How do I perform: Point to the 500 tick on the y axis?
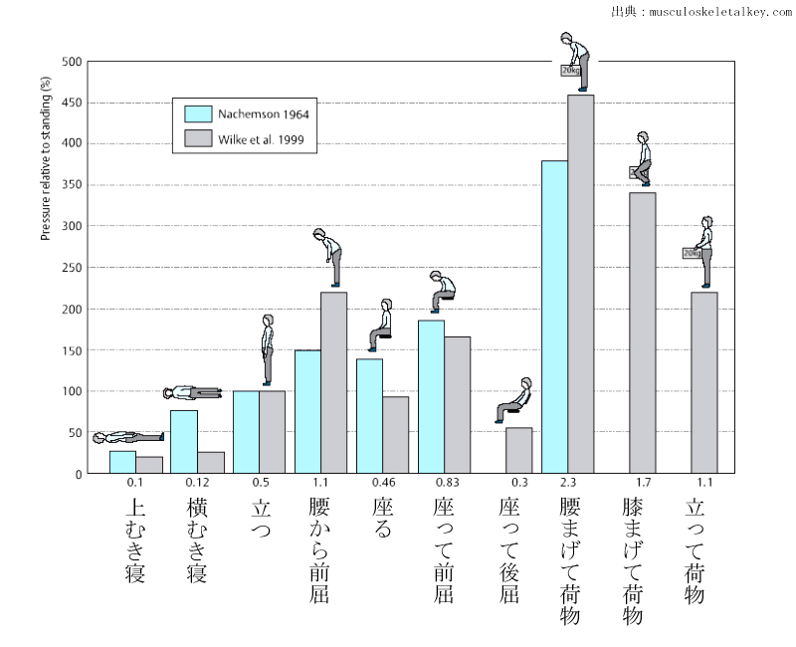point(72,62)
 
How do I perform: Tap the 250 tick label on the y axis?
point(72,268)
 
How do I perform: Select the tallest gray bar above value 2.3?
point(580,284)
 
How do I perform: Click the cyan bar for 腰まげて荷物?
point(554,317)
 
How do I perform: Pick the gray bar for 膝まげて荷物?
point(642,332)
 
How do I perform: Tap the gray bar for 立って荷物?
point(703,382)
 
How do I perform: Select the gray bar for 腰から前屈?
point(333,382)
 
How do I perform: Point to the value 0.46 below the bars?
point(383,483)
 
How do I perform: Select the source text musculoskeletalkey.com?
point(715,12)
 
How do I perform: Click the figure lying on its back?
point(127,437)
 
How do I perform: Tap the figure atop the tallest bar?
point(574,60)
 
